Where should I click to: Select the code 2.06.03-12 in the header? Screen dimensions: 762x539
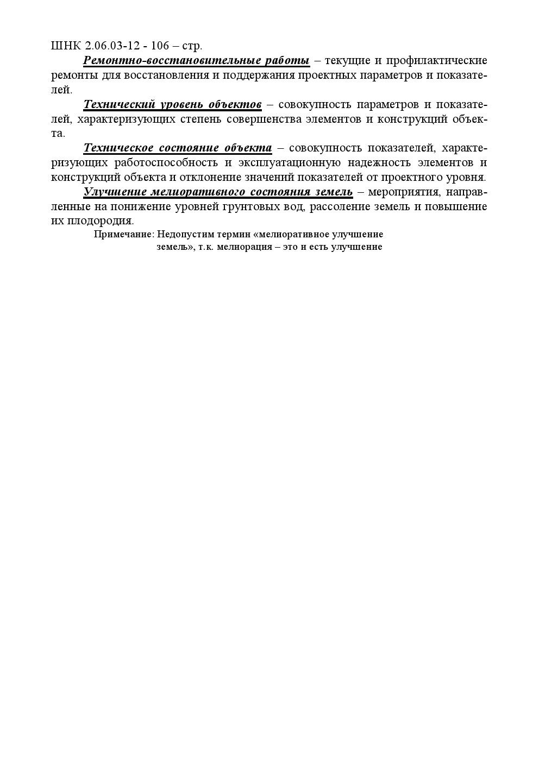click(x=111, y=46)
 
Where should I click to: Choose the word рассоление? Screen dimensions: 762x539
click(x=341, y=206)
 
